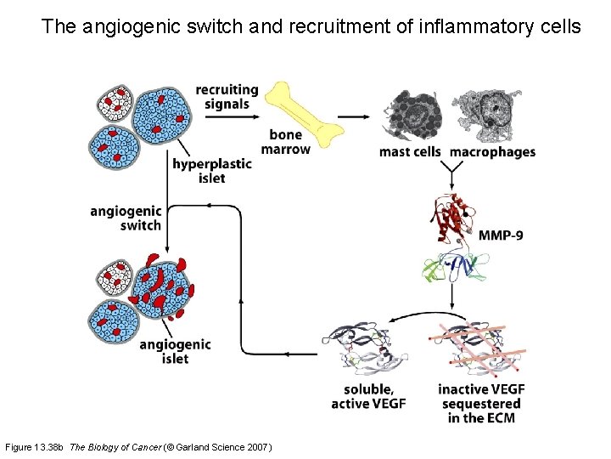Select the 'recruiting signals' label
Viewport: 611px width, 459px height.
pos(227,97)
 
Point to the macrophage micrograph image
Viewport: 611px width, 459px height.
pos(490,115)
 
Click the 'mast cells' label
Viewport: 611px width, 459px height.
pos(411,152)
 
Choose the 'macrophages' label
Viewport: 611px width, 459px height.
pos(492,152)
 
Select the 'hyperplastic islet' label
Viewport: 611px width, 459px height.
pos(211,171)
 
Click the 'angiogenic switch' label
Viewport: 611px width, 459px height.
pos(126,218)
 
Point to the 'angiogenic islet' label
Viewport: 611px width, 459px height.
pos(175,351)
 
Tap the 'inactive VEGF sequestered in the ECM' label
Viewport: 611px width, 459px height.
pos(481,404)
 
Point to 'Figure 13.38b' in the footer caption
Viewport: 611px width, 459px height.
pos(35,447)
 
